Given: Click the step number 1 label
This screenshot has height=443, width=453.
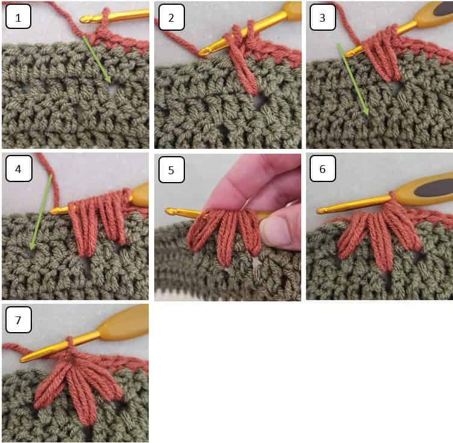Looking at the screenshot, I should click(18, 17).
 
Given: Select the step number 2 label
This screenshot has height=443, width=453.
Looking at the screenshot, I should click(171, 17).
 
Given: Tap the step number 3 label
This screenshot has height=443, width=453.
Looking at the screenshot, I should click(322, 17).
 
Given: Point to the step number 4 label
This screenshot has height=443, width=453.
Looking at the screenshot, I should click(18, 169).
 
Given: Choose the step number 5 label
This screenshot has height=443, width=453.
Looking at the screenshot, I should click(171, 169).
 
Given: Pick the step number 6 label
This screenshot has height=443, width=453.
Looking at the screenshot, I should click(322, 169).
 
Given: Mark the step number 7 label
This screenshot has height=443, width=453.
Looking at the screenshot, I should click(18, 321).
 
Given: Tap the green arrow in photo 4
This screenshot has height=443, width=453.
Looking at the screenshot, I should click(40, 211).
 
